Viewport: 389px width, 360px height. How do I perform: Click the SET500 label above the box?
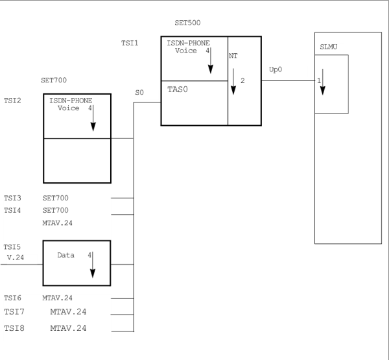187,23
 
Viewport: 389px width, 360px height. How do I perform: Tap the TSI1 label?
130,43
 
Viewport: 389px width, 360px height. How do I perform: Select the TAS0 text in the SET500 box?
178,90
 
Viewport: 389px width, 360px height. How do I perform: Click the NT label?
233,56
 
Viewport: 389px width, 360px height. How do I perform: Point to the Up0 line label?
276,69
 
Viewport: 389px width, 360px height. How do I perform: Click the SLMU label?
329,47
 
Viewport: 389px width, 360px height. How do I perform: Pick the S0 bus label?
139,93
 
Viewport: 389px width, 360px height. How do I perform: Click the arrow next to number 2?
233,82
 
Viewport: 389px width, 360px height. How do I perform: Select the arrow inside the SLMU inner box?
322,82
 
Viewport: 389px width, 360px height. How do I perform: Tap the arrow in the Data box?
93,265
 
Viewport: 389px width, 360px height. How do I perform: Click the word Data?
65,255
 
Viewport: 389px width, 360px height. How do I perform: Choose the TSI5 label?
12,247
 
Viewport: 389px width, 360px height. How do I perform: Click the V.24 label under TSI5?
16,258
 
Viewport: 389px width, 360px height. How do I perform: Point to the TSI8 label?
14,328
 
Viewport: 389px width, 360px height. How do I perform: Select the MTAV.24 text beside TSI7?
68,311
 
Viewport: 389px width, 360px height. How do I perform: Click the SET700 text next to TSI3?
55,198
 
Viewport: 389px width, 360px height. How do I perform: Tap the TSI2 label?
12,101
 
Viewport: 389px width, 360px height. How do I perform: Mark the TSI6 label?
12,298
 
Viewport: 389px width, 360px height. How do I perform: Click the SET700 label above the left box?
54,80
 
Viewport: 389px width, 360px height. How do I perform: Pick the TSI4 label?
12,211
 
